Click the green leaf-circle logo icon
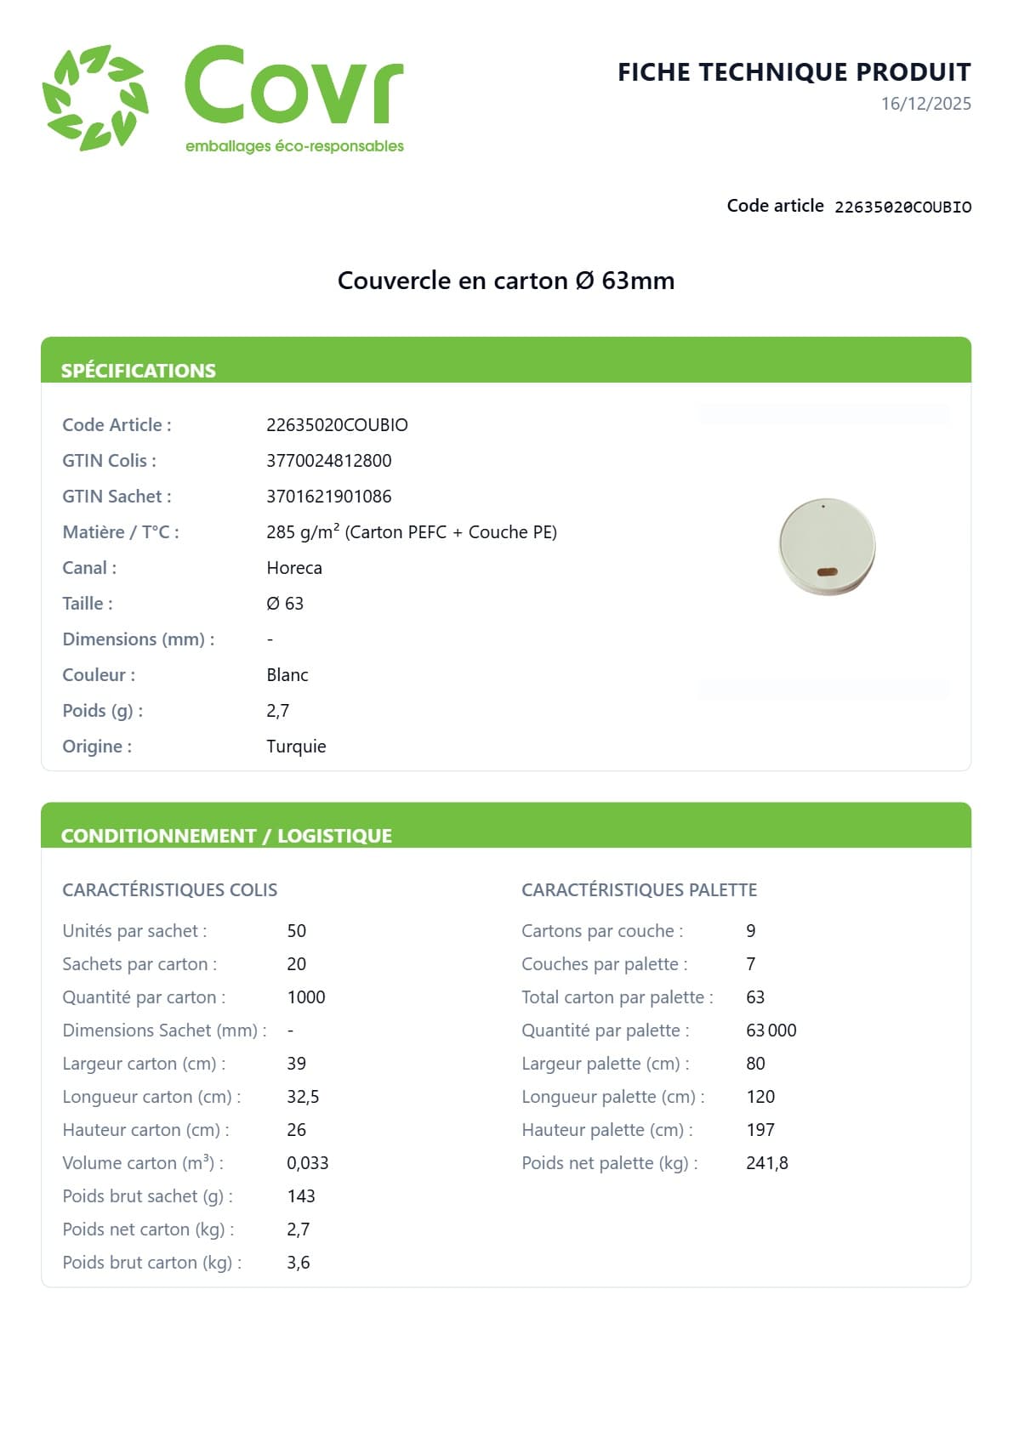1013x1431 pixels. click(x=95, y=98)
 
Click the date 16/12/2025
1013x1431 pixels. click(x=925, y=104)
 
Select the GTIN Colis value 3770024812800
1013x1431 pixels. click(x=328, y=461)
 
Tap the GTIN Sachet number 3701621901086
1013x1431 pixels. click(x=328, y=497)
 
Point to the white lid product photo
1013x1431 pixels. click(x=826, y=546)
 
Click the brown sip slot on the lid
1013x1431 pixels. click(x=827, y=572)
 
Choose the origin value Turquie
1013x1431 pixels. click(x=296, y=747)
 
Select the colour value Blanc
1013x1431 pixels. click(x=287, y=675)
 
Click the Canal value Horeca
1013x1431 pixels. click(x=293, y=568)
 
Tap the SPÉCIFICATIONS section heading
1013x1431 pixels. click(x=139, y=371)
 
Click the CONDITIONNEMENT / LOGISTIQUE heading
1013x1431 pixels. click(x=226, y=836)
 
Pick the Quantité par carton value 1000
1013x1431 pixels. click(x=305, y=997)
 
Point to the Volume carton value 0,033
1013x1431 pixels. click(x=307, y=1163)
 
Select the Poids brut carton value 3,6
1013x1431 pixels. click(x=298, y=1263)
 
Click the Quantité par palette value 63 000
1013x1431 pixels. click(x=771, y=1031)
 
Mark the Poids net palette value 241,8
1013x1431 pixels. click(x=766, y=1163)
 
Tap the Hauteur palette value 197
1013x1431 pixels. click(x=760, y=1130)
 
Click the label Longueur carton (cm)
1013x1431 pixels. click(x=151, y=1097)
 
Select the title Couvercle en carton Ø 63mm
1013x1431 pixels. click(x=505, y=281)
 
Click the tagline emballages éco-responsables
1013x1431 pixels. click(x=294, y=146)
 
